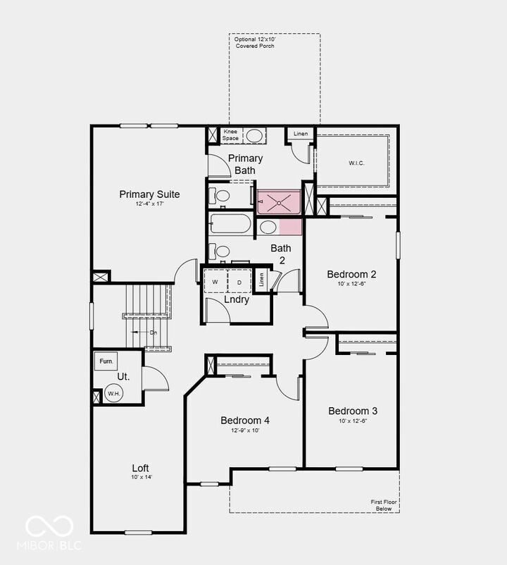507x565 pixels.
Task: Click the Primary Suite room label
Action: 149,194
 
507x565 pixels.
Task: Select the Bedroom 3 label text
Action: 353,411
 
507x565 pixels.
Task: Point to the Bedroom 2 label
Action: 351,274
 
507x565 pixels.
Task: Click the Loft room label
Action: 141,468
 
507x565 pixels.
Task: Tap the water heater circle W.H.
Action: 113,394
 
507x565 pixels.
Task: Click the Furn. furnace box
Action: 106,361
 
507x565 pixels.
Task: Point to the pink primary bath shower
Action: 279,202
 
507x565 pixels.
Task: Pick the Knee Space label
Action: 231,135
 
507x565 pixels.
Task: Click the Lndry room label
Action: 237,299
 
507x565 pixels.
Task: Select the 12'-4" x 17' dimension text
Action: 149,204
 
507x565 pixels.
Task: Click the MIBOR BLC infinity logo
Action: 49,526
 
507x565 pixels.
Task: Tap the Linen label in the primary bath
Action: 301,134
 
